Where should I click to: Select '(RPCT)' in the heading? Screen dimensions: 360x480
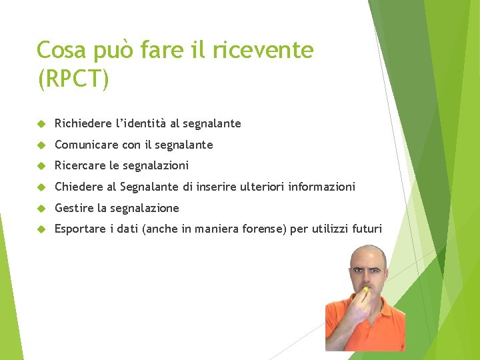(73, 79)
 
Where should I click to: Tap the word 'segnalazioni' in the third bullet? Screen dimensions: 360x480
(157, 165)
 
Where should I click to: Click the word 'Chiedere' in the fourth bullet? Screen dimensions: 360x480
(78, 187)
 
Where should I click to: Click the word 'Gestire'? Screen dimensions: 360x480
(74, 208)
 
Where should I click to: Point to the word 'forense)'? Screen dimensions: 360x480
(265, 229)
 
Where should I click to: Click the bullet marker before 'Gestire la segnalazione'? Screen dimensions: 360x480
(41, 208)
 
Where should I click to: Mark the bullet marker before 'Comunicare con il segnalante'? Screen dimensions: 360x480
(41, 145)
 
